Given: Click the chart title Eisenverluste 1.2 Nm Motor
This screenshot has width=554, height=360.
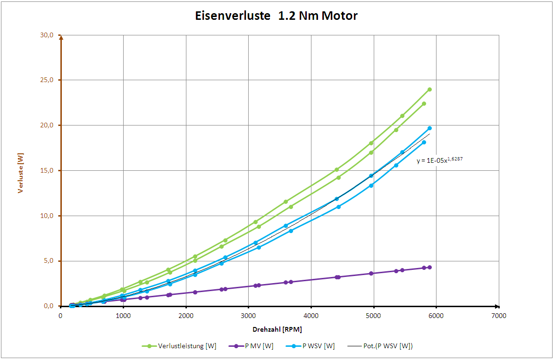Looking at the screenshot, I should point(277,16).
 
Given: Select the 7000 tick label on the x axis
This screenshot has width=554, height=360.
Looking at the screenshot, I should point(498,316).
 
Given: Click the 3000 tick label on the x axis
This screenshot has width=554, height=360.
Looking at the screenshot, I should point(248,316).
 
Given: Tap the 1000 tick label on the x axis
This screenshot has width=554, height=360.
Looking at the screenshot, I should point(123,316).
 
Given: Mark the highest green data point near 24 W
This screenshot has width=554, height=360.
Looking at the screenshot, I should point(429,89).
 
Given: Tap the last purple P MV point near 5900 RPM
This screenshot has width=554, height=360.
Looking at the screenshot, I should point(429,268).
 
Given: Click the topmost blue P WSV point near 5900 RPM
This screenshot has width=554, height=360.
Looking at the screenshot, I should point(429,128).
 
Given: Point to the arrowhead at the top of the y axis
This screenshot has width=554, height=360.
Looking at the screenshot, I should point(61,38).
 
